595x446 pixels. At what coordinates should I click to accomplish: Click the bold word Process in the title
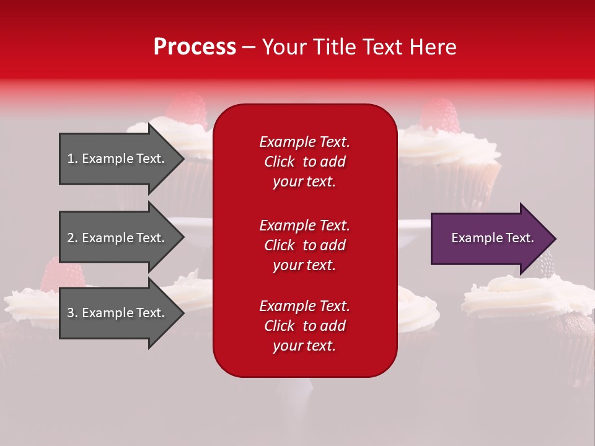tap(195, 47)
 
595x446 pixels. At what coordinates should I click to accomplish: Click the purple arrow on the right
tap(490, 238)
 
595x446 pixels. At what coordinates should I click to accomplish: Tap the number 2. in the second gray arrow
tap(73, 238)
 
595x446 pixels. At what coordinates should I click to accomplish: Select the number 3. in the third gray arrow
tap(73, 313)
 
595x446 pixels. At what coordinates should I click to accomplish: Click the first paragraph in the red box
tap(304, 162)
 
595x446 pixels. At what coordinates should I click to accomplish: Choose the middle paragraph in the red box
tap(304, 245)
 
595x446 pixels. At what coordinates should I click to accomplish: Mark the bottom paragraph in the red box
tap(304, 326)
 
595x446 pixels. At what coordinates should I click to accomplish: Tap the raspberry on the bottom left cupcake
tap(62, 274)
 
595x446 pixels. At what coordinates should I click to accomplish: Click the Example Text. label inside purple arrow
tap(492, 238)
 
